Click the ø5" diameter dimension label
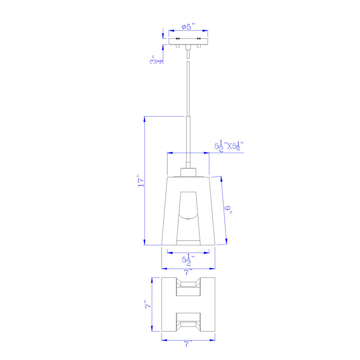188,27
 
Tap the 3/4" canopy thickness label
157,59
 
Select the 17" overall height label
140,181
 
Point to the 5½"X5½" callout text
229,146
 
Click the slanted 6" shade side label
228,209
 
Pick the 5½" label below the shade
188,260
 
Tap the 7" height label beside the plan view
148,305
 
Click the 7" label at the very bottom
188,344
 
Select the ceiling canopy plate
188,41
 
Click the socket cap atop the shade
188,172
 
